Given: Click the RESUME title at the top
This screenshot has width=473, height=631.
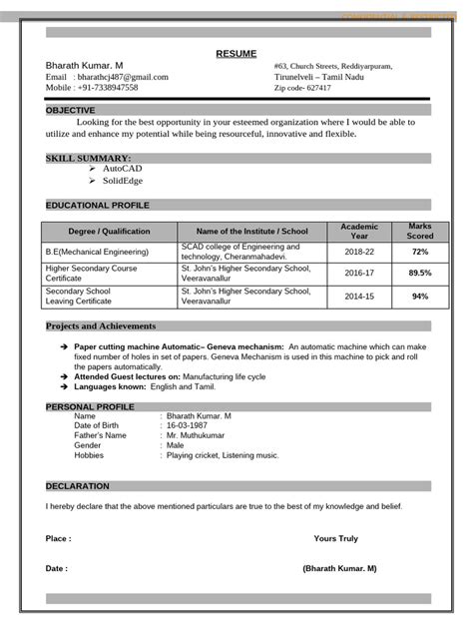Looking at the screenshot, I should [x=236, y=53].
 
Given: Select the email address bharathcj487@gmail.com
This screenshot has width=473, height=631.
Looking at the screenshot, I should [x=120, y=77].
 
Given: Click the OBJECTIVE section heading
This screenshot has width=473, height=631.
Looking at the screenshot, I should [x=71, y=110].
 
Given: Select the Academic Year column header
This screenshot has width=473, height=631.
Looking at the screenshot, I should [x=359, y=232].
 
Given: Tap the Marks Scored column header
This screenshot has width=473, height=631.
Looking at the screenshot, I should [x=420, y=232].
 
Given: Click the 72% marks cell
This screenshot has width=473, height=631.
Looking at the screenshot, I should [x=420, y=253].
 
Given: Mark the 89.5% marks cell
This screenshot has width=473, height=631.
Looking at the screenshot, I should [x=420, y=273].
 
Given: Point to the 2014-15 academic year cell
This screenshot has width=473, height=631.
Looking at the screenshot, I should [x=359, y=296].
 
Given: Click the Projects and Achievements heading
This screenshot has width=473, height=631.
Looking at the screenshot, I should [x=105, y=326].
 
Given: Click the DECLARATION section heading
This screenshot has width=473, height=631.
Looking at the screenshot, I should [x=78, y=485].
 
